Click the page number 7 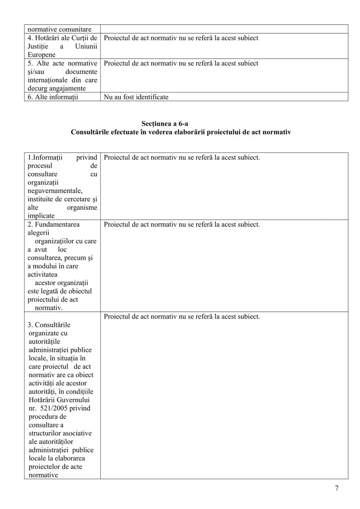[337, 488]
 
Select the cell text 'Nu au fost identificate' [136, 97]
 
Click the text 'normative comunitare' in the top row [60, 29]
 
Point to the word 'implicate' [41, 216]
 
